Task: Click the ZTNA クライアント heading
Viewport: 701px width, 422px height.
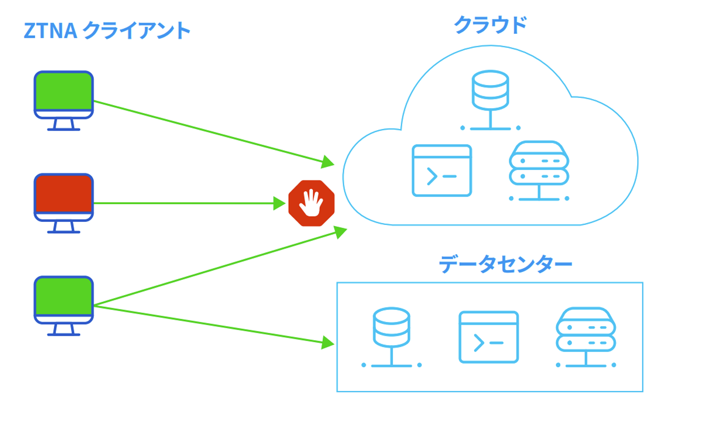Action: tap(107, 31)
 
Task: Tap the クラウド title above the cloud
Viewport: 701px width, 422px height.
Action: tap(490, 25)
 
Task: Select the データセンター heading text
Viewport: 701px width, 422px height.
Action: tap(505, 264)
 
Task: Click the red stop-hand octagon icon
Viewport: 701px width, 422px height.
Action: tap(312, 203)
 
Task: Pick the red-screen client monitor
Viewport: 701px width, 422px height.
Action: tap(64, 197)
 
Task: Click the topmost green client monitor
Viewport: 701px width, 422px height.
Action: tap(64, 94)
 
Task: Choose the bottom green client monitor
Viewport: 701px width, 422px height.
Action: tap(64, 300)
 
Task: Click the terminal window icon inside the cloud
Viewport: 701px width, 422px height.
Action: tap(442, 171)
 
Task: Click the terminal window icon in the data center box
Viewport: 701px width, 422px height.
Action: tap(488, 337)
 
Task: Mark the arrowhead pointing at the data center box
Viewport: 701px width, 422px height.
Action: tap(328, 342)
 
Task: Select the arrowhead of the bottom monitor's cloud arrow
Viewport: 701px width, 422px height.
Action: tap(340, 232)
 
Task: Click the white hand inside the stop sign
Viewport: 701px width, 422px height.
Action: tap(312, 202)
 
